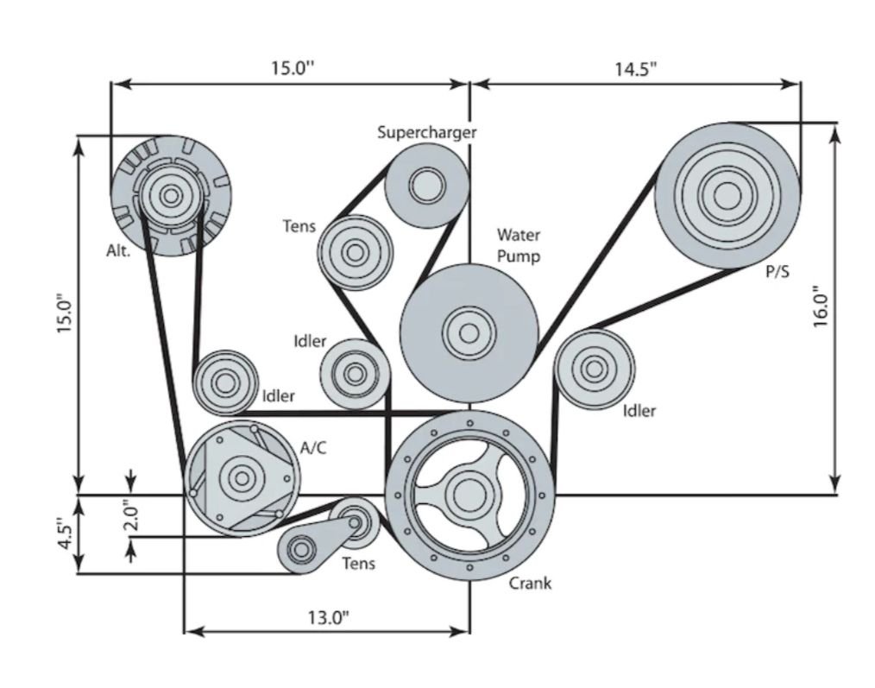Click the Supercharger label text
(x=426, y=132)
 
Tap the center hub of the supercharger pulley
(x=426, y=184)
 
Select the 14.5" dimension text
(x=636, y=70)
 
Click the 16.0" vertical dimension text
(x=821, y=306)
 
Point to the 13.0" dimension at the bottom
(x=327, y=617)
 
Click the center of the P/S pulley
(x=727, y=196)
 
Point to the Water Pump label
(x=518, y=245)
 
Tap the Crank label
(x=529, y=583)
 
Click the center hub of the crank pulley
(x=469, y=494)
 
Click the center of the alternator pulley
(x=169, y=194)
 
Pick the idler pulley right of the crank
(x=594, y=369)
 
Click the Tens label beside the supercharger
(x=299, y=227)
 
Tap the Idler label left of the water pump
(x=310, y=341)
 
